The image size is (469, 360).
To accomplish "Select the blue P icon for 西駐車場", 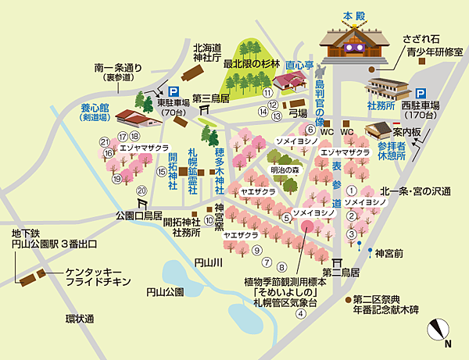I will pyautogui.click(x=421, y=92).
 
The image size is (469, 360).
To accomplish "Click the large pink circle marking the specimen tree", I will pyautogui.click(x=307, y=226).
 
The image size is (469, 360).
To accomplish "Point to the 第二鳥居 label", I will pyautogui.click(x=344, y=273).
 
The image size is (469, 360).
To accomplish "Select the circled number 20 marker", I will pyautogui.click(x=141, y=191).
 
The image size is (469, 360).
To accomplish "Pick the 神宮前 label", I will pyautogui.click(x=388, y=252).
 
